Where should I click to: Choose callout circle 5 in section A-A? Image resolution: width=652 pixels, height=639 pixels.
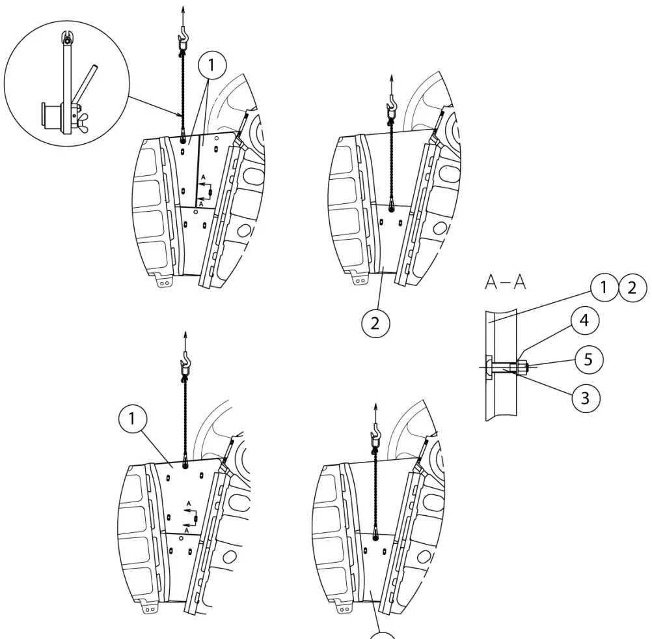pyautogui.click(x=588, y=360)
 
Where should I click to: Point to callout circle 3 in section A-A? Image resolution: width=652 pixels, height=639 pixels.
pyautogui.click(x=585, y=397)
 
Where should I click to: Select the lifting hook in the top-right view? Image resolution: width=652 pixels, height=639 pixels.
pyautogui.click(x=392, y=104)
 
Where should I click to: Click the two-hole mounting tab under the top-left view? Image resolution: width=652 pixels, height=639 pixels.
pyautogui.click(x=163, y=282)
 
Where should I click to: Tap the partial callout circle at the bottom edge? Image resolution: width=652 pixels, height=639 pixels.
pyautogui.click(x=383, y=634)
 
